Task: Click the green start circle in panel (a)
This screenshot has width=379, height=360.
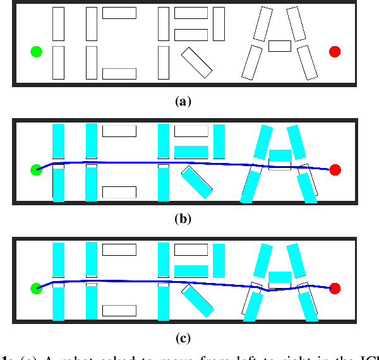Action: coord(36,52)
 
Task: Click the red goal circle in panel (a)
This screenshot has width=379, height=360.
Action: coord(335,51)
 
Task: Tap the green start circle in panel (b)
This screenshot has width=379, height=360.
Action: coord(36,169)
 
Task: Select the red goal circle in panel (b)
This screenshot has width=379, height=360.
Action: coord(335,169)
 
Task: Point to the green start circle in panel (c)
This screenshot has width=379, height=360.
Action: coord(36,289)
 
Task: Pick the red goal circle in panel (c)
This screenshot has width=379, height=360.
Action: coord(335,289)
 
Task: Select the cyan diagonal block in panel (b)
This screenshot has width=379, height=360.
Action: coord(197,182)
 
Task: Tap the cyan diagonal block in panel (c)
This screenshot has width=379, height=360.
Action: coord(197,301)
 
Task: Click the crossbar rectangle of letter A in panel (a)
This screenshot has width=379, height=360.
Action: coord(280,45)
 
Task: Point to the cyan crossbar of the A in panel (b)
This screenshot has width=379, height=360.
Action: coord(280,155)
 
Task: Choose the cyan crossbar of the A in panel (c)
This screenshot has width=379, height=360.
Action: coord(280,276)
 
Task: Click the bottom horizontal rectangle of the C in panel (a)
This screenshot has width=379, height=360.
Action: coord(119,73)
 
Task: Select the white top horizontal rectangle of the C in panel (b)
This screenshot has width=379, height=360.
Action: coord(119,131)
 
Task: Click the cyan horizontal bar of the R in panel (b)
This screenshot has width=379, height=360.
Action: coord(191,152)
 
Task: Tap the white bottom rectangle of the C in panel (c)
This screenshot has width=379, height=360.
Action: coord(119,310)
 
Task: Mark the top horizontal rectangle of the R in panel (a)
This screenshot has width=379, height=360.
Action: coord(191,13)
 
